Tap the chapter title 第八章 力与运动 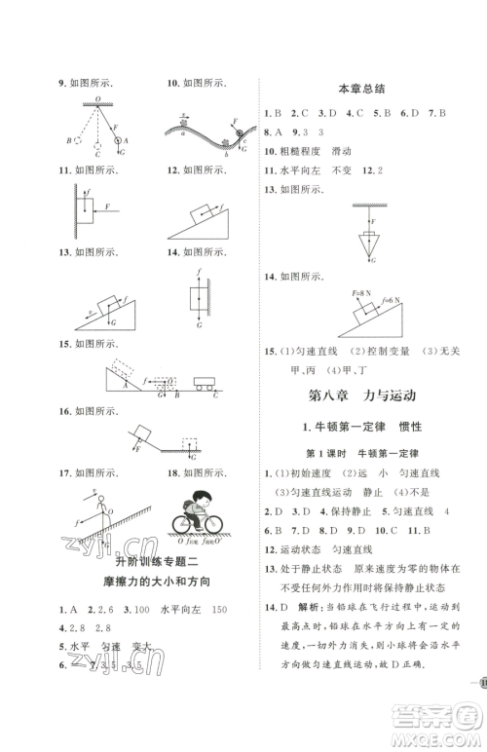(x=361, y=395)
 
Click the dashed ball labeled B (x=76, y=140)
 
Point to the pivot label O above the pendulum (x=96, y=99)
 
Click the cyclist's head (x=200, y=503)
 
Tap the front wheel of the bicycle (x=219, y=524)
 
